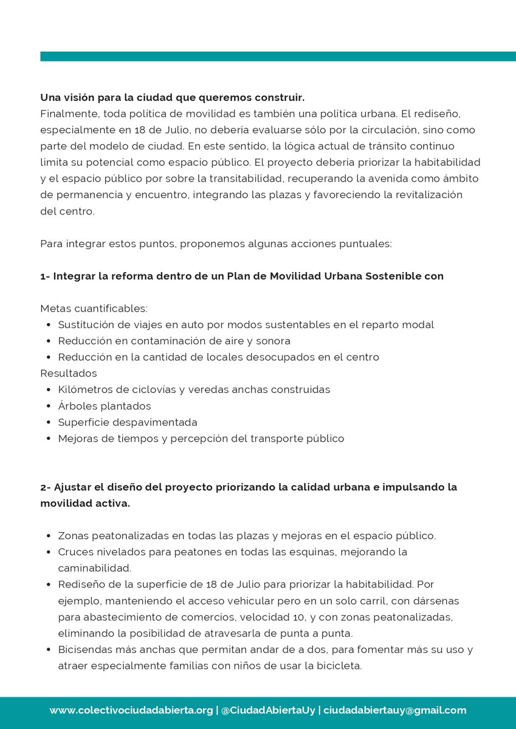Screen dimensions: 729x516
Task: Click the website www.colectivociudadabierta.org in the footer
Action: coord(131,710)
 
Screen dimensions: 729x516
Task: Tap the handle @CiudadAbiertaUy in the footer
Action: coord(268,710)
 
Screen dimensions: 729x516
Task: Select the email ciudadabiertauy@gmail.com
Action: coord(394,710)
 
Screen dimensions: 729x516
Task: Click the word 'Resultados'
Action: coord(69,373)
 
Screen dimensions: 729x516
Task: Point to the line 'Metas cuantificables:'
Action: coord(94,309)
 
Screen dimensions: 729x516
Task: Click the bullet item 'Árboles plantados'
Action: coord(105,406)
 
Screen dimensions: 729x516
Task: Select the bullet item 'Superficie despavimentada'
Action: coord(128,422)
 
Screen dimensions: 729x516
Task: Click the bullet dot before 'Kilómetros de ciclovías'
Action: coord(49,389)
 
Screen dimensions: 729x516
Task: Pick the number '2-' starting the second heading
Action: coord(46,487)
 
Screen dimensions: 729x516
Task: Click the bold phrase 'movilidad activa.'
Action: coord(85,504)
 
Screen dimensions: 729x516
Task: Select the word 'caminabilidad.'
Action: coord(95,569)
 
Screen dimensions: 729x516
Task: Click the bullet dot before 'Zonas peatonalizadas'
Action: coord(49,536)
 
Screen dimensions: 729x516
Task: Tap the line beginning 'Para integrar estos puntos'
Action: coord(216,244)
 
